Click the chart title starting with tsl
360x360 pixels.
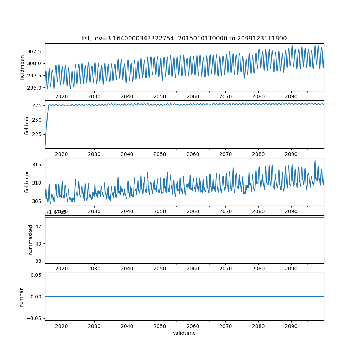click(184, 39)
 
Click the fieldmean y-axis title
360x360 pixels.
click(22, 67)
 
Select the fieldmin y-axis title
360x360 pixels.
click(27, 125)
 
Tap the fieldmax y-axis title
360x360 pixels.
click(27, 182)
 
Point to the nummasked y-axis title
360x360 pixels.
click(31, 239)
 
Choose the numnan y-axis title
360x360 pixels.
click(21, 297)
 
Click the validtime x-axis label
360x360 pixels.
click(184, 333)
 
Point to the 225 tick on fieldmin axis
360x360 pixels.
click(38, 134)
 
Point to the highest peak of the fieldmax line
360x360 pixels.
click(315, 160)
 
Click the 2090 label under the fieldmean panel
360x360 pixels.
click(291, 96)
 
